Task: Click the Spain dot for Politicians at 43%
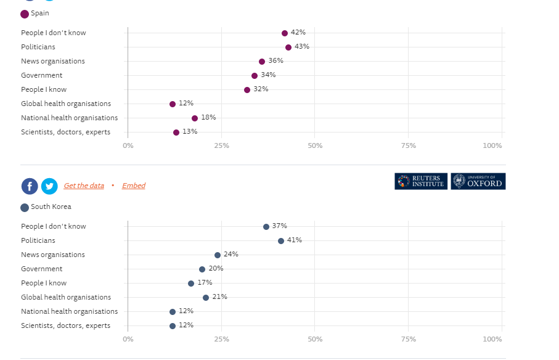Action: [x=288, y=47]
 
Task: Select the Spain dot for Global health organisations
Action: [x=173, y=104]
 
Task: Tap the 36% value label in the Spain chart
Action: [x=275, y=61]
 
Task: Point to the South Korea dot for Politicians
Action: [x=281, y=241]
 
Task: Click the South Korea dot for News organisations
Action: [x=218, y=255]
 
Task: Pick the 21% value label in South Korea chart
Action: [x=219, y=297]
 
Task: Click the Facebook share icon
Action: [x=30, y=186]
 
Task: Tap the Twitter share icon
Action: [x=49, y=186]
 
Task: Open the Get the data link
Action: [x=84, y=186]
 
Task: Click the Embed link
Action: [x=134, y=186]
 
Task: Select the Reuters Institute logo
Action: [x=421, y=181]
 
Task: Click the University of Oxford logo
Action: [x=478, y=181]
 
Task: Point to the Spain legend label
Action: [x=40, y=14]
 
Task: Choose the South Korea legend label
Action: [x=51, y=207]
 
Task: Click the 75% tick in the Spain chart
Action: [x=408, y=146]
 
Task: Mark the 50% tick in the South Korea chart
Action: [x=315, y=340]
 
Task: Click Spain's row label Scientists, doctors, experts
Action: [x=66, y=132]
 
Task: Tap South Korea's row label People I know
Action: [x=44, y=284]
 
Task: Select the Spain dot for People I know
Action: [x=247, y=90]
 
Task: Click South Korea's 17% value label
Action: [x=205, y=283]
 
